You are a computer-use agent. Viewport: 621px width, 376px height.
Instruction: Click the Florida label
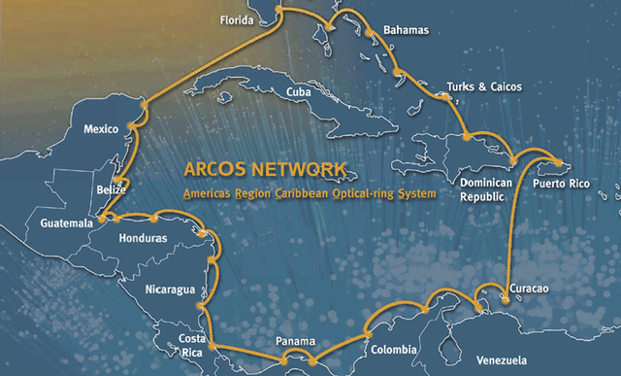click(236, 19)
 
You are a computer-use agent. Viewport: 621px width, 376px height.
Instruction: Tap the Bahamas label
click(406, 30)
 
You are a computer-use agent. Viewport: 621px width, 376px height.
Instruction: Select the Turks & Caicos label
click(484, 86)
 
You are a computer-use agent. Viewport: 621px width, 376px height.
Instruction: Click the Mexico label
click(101, 129)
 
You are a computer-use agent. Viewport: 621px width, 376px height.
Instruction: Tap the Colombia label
click(393, 350)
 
